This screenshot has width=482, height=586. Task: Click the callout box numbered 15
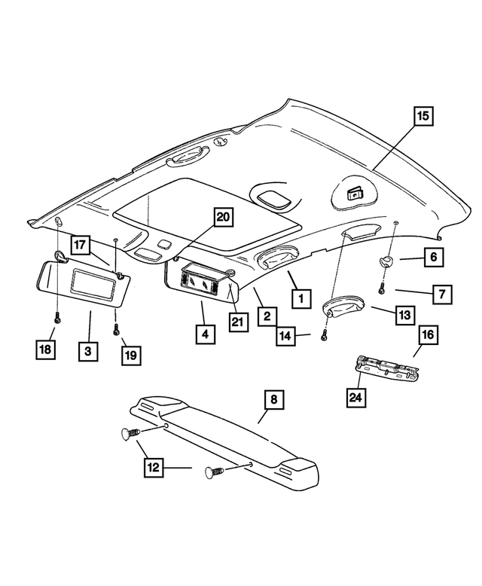[423, 116]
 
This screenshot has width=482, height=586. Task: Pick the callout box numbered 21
[238, 322]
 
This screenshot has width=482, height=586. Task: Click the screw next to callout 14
[325, 334]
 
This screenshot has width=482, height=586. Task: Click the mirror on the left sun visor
[89, 283]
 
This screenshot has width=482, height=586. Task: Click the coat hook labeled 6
[387, 261]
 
